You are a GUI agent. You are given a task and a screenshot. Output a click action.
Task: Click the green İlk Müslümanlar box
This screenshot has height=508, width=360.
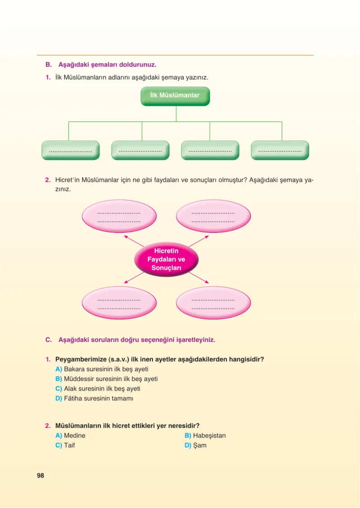[175, 96]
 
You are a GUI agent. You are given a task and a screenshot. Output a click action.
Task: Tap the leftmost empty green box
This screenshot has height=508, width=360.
[71, 150]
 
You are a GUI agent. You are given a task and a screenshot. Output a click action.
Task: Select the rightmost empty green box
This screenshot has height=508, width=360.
[280, 150]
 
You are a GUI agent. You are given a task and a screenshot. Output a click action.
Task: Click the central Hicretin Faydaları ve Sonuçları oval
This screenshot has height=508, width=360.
[166, 259]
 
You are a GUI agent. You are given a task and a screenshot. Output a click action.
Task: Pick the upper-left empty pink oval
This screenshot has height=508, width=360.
[119, 216]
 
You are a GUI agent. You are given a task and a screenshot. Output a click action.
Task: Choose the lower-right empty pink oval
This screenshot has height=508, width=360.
[213, 303]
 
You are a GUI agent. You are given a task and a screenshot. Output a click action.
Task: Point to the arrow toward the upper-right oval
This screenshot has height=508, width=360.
[199, 241]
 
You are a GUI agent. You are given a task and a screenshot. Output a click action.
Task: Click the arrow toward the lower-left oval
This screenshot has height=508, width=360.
[134, 278]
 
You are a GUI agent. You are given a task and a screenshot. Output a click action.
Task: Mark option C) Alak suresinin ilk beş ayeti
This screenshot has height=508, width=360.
[98, 389]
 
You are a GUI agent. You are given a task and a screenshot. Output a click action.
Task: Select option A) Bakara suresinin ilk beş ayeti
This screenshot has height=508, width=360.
[102, 369]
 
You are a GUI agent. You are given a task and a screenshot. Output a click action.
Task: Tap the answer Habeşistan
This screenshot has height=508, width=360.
[209, 435]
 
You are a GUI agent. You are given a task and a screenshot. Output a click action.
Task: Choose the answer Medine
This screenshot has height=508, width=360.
[74, 435]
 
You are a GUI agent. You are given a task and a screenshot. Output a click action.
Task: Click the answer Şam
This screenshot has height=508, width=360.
[200, 445]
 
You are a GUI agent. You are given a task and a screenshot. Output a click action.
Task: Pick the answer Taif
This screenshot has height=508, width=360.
[69, 445]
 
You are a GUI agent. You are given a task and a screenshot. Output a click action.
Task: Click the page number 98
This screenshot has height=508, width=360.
[40, 476]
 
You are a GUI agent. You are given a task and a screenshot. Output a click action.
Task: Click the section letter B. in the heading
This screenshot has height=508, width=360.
[49, 64]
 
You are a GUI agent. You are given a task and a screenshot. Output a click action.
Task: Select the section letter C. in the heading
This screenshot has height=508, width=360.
[49, 340]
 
